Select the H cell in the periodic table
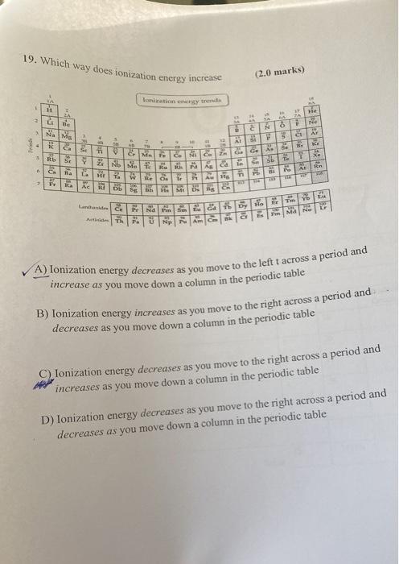tap(50, 110)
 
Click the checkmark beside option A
tap(31, 270)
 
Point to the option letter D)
tap(47, 418)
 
